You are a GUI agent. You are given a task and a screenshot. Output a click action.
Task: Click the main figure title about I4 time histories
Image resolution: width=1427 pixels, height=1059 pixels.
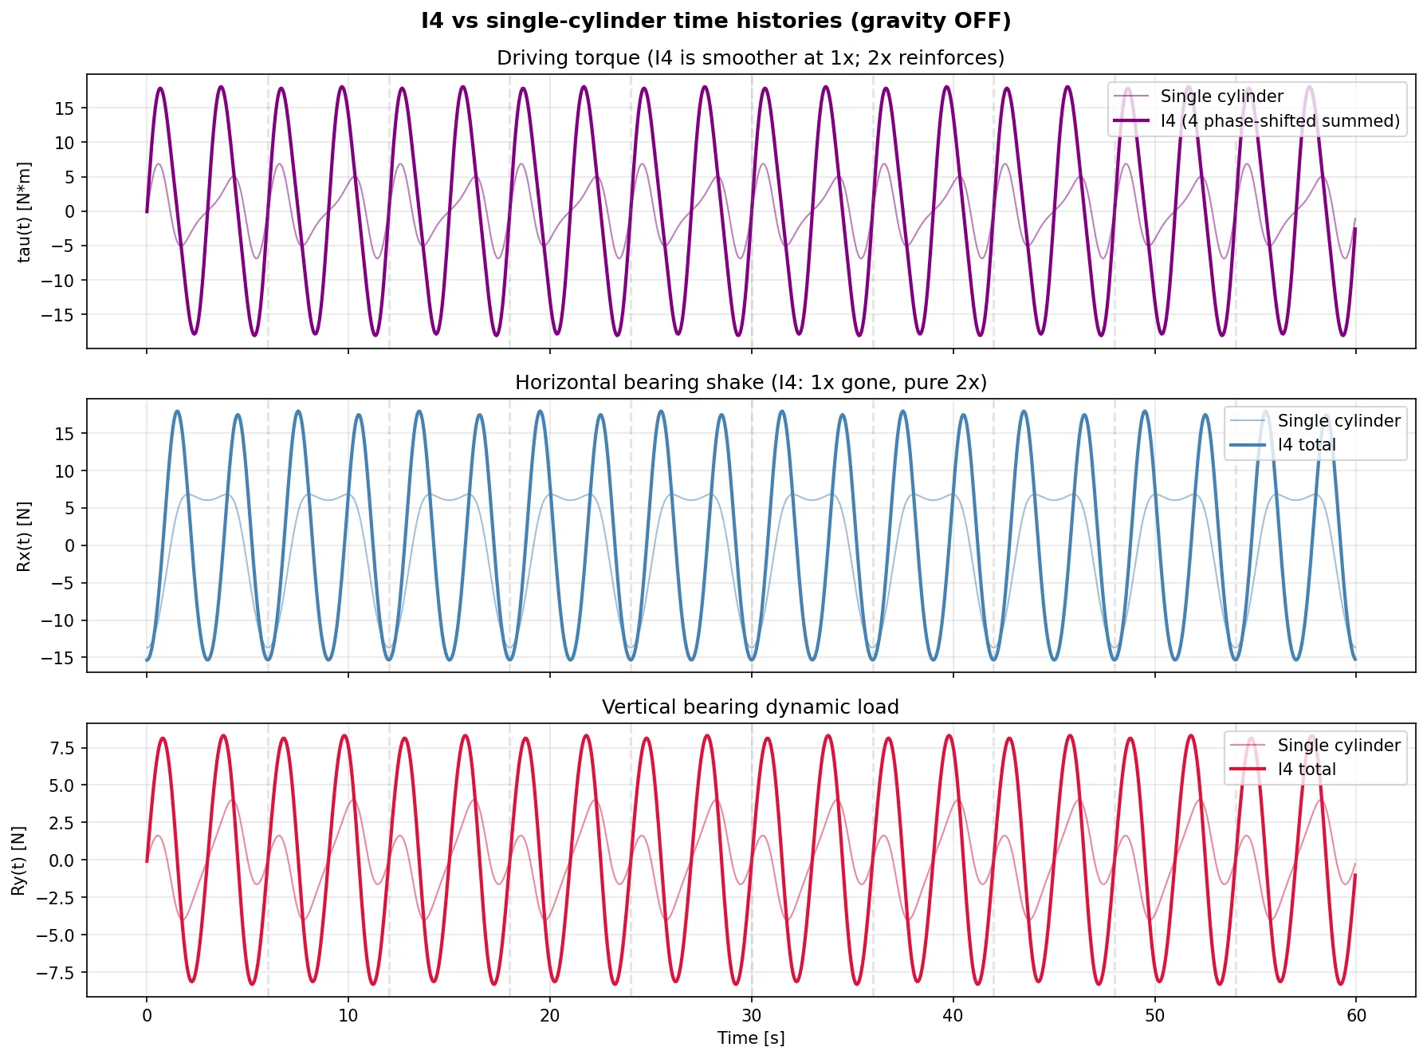pyautogui.click(x=715, y=21)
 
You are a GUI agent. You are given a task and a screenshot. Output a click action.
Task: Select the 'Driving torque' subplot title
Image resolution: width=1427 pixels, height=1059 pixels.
pyautogui.click(x=750, y=58)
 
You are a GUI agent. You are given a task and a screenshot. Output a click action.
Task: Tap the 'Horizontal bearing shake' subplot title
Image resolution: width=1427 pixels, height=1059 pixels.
pyautogui.click(x=750, y=383)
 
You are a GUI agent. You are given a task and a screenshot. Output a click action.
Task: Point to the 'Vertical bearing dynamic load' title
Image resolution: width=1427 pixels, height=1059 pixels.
pyautogui.click(x=750, y=707)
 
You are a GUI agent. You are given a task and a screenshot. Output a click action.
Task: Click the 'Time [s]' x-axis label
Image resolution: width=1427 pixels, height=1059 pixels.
pyautogui.click(x=750, y=1038)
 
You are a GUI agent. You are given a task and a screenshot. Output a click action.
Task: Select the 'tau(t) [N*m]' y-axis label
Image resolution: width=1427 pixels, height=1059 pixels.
pyautogui.click(x=25, y=211)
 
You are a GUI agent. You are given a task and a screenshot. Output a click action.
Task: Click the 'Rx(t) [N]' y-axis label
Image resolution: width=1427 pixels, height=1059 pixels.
pyautogui.click(x=25, y=536)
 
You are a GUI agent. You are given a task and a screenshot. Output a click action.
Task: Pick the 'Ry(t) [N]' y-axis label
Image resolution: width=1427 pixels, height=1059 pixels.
pyautogui.click(x=18, y=860)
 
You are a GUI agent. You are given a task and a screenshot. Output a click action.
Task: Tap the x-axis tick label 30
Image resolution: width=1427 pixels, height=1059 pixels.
pyautogui.click(x=751, y=1016)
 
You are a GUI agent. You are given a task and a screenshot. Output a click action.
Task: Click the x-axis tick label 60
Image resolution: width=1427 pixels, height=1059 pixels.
pyautogui.click(x=1356, y=1016)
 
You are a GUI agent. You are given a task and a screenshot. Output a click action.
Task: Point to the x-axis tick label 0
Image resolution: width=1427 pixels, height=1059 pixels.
pyautogui.click(x=147, y=1016)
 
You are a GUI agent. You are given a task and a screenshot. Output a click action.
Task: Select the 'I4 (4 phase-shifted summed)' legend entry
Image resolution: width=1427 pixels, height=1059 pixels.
pyautogui.click(x=1280, y=121)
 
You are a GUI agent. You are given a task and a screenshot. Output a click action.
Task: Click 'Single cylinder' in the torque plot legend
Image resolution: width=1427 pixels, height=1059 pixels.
pyautogui.click(x=1221, y=96)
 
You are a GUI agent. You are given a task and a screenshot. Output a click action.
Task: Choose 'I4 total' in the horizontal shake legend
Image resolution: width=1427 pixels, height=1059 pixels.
pyautogui.click(x=1307, y=445)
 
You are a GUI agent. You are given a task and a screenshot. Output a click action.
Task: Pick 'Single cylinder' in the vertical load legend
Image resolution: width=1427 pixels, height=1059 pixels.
pyautogui.click(x=1339, y=746)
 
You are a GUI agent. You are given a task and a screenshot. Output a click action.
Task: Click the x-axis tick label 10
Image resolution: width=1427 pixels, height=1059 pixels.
pyautogui.click(x=348, y=1016)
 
